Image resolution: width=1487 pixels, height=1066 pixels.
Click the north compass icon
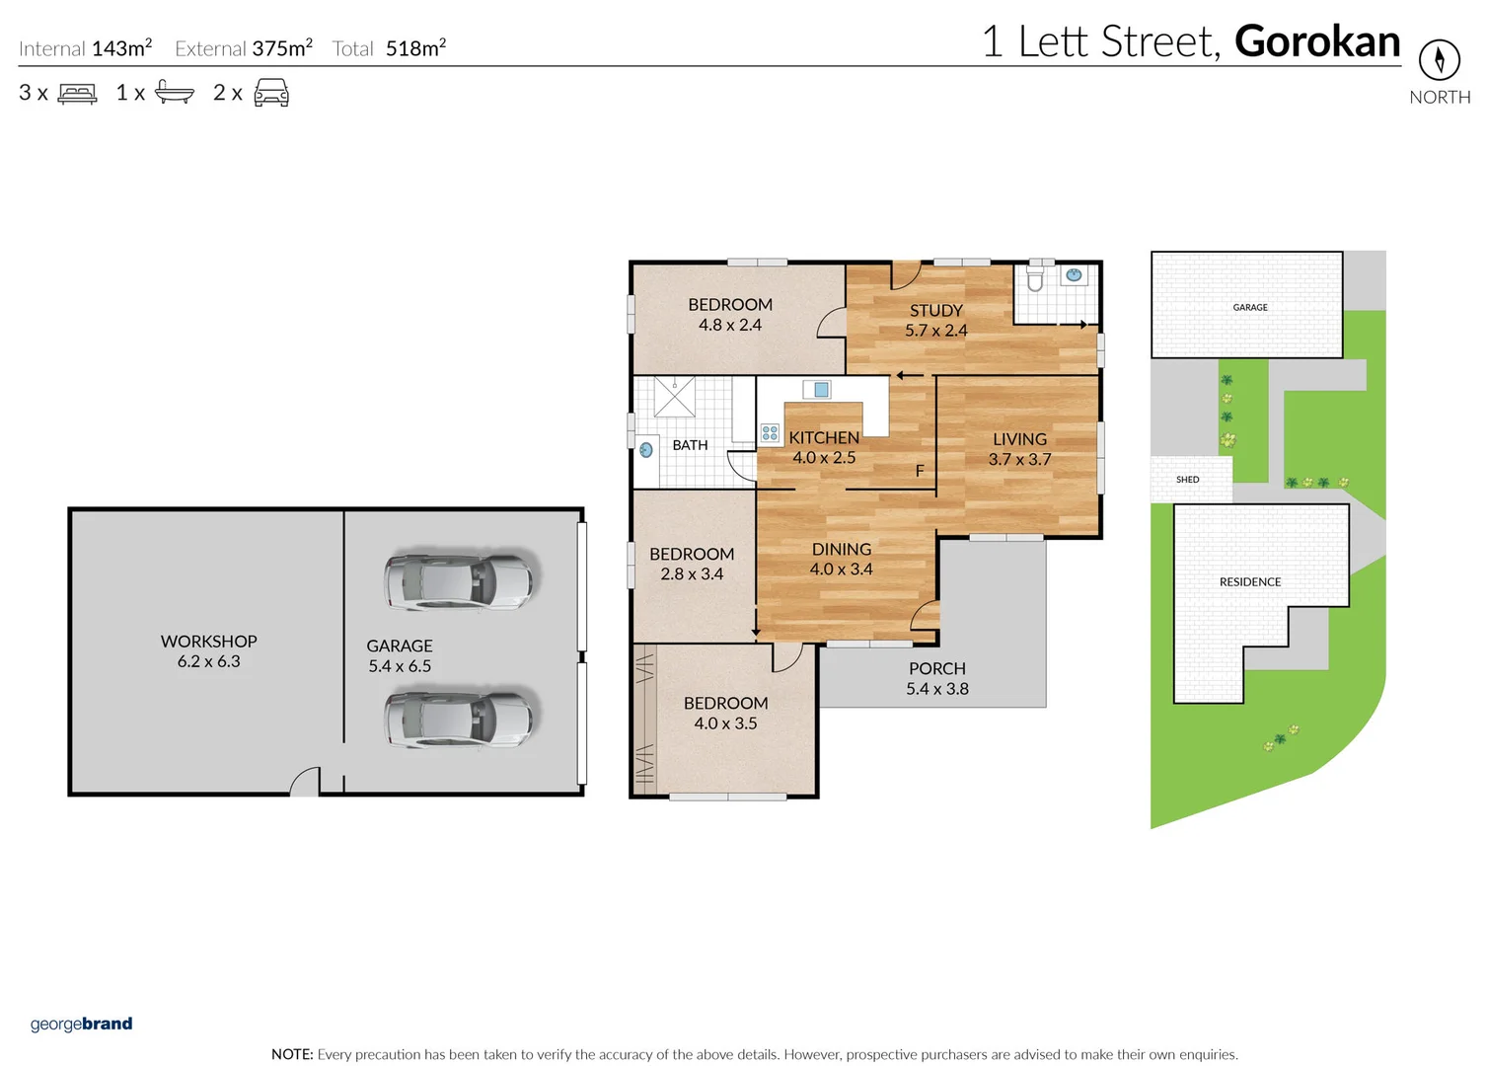pos(1439,60)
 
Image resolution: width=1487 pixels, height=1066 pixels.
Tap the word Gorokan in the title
pos(1316,41)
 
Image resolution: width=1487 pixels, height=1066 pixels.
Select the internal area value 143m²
pos(121,48)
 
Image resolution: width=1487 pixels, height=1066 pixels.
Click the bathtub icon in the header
pos(175,93)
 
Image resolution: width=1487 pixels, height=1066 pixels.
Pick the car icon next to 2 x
pos(271,93)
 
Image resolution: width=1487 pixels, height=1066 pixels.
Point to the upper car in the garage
pos(459,581)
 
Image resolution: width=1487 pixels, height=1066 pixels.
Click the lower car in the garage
pos(459,718)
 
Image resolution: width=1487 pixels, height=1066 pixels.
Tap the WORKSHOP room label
pos(208,642)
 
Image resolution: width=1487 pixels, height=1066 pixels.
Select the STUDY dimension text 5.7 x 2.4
pos(935,331)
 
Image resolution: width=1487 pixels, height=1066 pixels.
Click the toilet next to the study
pos(1035,278)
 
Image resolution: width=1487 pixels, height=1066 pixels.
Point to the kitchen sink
pos(819,390)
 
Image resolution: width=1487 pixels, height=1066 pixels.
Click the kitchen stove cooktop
pos(770,433)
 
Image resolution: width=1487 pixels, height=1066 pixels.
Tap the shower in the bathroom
pos(675,397)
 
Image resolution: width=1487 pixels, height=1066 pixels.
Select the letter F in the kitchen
pos(920,471)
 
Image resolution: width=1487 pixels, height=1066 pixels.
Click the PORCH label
pos(936,668)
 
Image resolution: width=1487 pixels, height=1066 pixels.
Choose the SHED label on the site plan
pos(1187,480)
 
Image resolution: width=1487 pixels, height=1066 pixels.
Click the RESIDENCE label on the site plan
pos(1249,582)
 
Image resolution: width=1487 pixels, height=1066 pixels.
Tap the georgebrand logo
pos(81,1024)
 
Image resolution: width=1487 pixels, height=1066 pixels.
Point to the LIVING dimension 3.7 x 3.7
pos(1019,460)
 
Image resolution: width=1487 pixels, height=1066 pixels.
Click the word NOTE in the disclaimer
pos(291,1054)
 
